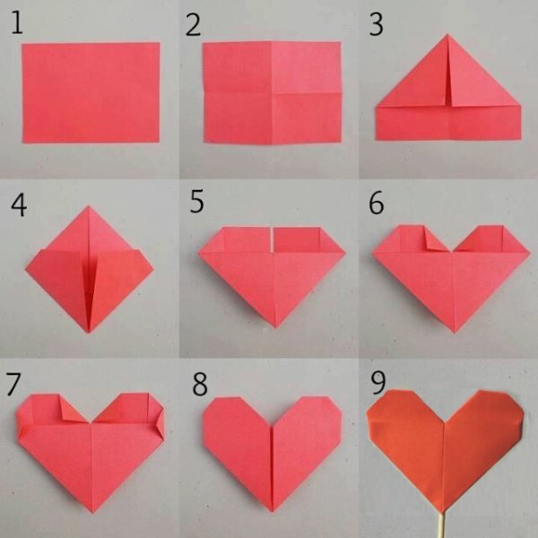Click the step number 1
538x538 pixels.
(x=17, y=22)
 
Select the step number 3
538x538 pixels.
(x=376, y=24)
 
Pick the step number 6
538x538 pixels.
(x=377, y=204)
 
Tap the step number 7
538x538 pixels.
(x=13, y=385)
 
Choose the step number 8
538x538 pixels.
(x=200, y=385)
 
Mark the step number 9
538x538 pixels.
(x=378, y=383)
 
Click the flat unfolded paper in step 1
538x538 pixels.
(x=91, y=92)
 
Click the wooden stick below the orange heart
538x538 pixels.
(x=443, y=524)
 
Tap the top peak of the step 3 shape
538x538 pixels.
(x=447, y=34)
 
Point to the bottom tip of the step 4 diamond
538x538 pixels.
(x=89, y=332)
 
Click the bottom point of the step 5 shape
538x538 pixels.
(x=275, y=327)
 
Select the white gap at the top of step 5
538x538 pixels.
(x=272, y=239)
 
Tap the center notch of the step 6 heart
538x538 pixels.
(x=452, y=251)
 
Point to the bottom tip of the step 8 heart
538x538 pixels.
(x=273, y=510)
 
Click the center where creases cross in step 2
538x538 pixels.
(x=272, y=92)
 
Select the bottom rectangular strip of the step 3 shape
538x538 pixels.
(x=448, y=123)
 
